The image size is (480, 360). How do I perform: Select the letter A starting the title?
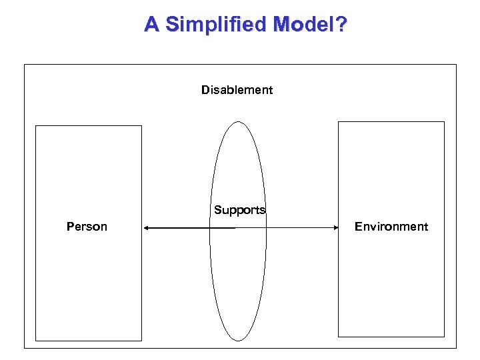pos(152,25)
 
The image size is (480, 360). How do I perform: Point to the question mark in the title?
pos(341,25)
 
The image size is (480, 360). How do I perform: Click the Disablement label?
pos(237,90)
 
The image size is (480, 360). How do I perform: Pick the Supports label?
pos(239,210)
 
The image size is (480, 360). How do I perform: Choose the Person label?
pos(87,227)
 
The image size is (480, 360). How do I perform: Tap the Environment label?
pos(391,227)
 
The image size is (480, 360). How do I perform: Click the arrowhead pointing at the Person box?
pos(146,228)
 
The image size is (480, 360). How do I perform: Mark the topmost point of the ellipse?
pos(238,121)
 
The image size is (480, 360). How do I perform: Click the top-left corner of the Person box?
pos(35,126)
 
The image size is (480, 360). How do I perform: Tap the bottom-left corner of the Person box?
pos(35,341)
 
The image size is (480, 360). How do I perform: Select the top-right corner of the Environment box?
pos(444,122)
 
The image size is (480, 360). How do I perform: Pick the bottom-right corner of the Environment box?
pos(444,337)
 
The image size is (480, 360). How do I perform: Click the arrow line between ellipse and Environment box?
pos(300,228)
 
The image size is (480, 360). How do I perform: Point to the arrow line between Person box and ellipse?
pos(177,228)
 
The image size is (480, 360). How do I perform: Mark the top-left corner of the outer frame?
pos(25,65)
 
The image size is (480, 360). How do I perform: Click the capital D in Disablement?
pos(205,90)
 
